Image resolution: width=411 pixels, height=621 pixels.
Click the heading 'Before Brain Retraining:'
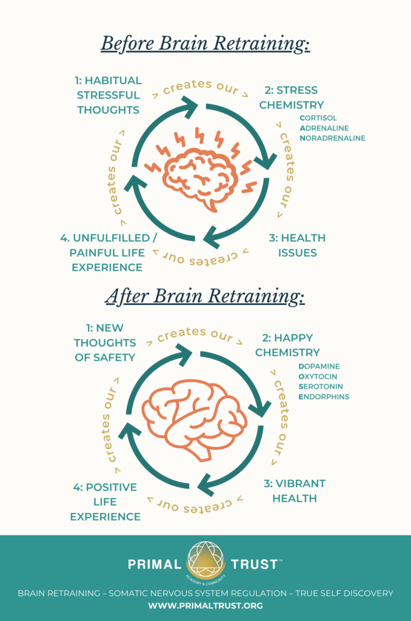point(205,44)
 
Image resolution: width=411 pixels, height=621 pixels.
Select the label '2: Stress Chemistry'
point(291,98)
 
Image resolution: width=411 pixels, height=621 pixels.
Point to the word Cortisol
point(318,118)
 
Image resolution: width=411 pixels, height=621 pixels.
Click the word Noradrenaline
point(332,138)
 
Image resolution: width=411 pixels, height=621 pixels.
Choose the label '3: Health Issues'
point(297,245)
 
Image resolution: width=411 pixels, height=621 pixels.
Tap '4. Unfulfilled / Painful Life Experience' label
point(101,252)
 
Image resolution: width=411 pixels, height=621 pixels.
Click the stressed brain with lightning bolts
point(205,170)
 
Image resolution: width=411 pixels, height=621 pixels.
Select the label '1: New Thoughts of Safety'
point(105,343)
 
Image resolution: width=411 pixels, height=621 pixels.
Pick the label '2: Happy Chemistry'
point(287,345)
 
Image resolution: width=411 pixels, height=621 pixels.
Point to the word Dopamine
point(319,367)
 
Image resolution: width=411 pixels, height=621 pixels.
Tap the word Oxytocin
point(318,377)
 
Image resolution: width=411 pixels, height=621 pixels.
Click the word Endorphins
point(323,397)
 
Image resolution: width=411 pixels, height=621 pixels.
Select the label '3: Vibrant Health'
point(294,491)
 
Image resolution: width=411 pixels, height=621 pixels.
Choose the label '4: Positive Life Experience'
point(105,502)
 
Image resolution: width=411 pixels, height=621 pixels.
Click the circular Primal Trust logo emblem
point(206,560)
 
